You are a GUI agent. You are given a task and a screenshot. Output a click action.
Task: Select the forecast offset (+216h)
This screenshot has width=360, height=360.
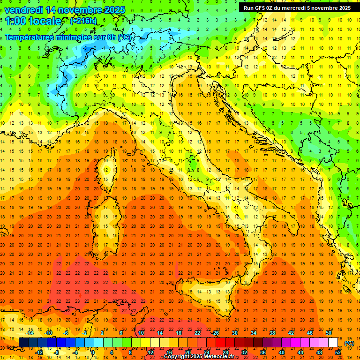(83, 21)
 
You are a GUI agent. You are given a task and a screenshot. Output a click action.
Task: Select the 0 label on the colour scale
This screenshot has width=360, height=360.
(93, 352)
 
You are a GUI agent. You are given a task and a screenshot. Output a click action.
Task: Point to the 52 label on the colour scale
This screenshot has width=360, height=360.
(337, 352)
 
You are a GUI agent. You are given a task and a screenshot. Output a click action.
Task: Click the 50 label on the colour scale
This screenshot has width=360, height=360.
(329, 332)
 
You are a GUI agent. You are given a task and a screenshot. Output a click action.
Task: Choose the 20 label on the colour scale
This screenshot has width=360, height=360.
(188, 352)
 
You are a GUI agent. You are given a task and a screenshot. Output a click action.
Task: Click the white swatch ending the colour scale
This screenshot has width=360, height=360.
(333, 342)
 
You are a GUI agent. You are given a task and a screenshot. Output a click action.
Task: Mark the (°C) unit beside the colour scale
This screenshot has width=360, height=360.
(349, 343)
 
